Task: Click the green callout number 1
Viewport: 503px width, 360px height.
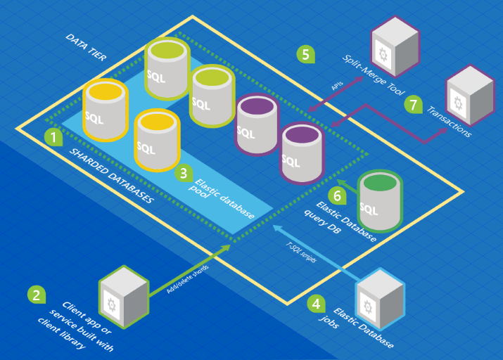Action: [53, 136]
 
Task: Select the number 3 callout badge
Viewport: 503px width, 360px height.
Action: [182, 172]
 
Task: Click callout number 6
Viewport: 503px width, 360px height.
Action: [337, 195]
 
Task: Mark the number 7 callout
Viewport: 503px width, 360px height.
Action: [414, 104]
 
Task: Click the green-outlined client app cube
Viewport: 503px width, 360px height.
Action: [125, 296]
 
